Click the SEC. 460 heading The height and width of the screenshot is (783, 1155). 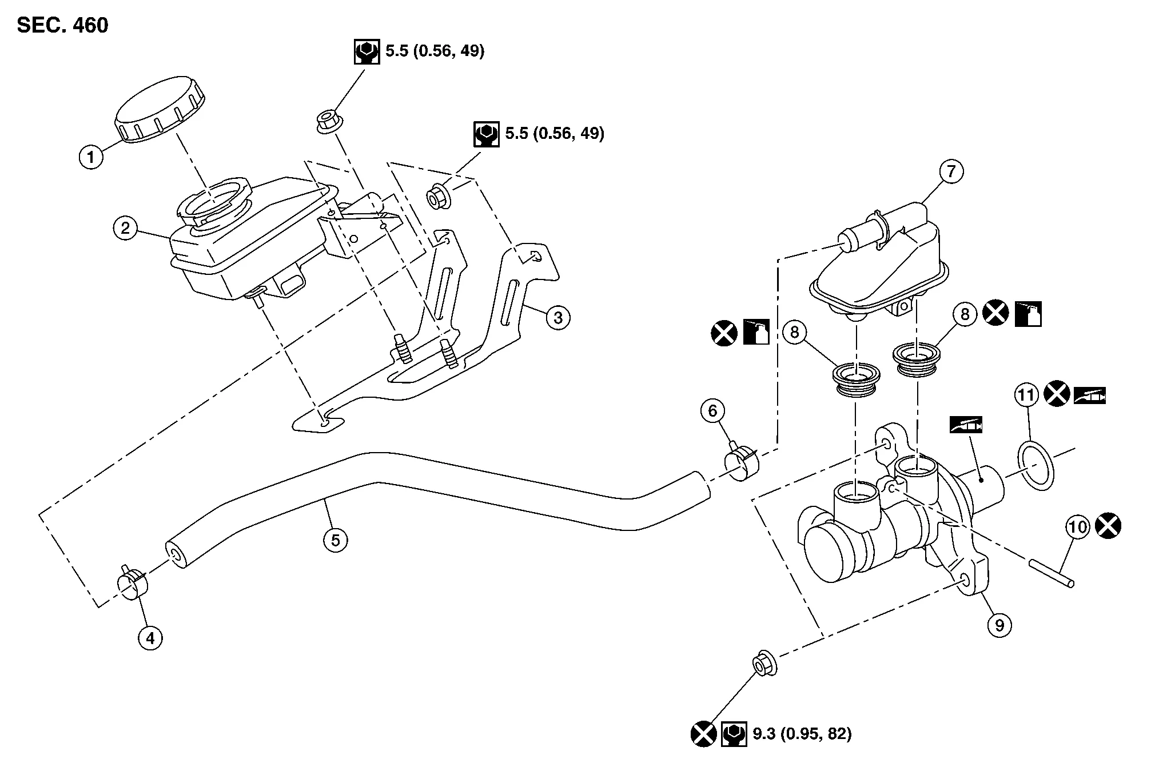pyautogui.click(x=63, y=26)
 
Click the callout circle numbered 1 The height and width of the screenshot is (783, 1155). pyautogui.click(x=91, y=156)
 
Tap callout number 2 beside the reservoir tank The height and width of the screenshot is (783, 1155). pyautogui.click(x=125, y=229)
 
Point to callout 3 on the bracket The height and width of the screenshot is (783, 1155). pyautogui.click(x=558, y=317)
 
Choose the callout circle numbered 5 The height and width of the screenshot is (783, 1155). pyautogui.click(x=336, y=540)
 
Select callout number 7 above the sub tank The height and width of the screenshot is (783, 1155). pyautogui.click(x=951, y=171)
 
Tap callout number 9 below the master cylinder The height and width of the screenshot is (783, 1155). pyautogui.click(x=999, y=625)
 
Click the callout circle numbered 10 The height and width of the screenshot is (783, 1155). pyautogui.click(x=1078, y=527)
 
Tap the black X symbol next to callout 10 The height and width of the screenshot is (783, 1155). pyautogui.click(x=1108, y=526)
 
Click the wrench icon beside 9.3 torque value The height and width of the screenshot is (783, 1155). pyautogui.click(x=734, y=734)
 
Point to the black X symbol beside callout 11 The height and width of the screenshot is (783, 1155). pyautogui.click(x=1057, y=395)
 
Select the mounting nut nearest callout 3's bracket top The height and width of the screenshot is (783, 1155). pyautogui.click(x=439, y=197)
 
